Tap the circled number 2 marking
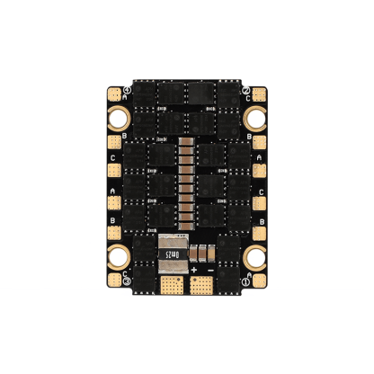(245, 90)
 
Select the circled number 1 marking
(245, 281)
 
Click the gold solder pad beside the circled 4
(115, 93)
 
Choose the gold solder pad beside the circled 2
(259, 93)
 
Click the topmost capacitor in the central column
(188, 141)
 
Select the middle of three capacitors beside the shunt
(202, 253)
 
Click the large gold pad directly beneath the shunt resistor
(169, 285)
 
